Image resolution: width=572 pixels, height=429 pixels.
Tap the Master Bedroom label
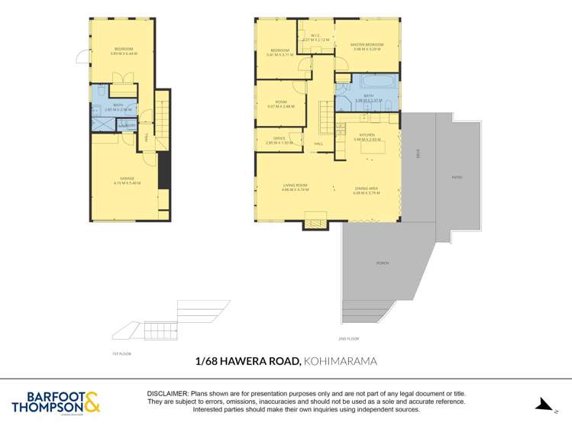point(367,45)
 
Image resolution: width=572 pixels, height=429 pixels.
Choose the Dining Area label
point(367,189)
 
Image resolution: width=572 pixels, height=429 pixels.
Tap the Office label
point(279,139)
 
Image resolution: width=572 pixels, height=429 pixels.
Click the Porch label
point(383,263)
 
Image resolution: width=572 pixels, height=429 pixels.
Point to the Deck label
point(418,153)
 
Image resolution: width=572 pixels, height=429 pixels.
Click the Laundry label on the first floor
point(127,125)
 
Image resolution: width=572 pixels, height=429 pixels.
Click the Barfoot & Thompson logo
point(56,402)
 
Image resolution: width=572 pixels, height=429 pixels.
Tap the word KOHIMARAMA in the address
point(341,361)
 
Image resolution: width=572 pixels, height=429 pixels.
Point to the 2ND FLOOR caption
point(348,338)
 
